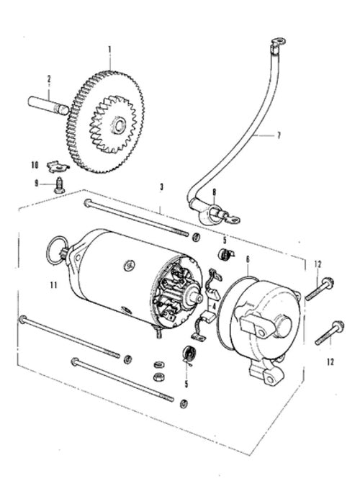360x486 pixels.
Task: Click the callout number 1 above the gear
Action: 109,49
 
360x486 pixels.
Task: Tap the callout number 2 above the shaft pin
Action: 49,79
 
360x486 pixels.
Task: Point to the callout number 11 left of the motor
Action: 54,285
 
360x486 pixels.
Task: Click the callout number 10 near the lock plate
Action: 35,165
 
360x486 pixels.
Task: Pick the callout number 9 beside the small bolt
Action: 36,184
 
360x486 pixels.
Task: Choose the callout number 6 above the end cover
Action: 248,259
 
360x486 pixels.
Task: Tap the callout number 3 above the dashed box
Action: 161,187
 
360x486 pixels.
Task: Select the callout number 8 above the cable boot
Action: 214,192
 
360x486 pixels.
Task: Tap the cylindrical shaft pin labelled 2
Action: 48,107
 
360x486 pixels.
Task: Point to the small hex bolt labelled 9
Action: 59,185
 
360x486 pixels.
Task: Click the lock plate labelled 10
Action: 58,167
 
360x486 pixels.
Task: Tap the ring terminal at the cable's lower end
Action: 232,218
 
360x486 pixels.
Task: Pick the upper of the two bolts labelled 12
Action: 320,289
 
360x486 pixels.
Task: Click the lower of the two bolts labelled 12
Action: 329,333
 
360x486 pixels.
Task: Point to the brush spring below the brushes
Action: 189,354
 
